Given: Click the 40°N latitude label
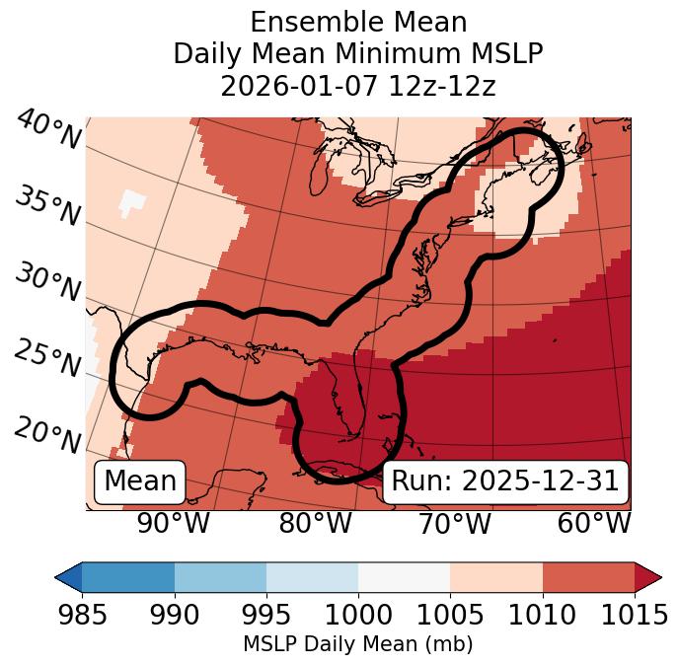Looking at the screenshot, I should [x=48, y=131].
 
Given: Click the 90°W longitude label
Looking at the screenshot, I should [x=174, y=523].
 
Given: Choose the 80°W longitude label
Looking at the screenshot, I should [x=315, y=523].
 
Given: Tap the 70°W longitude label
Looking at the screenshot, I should [x=455, y=523].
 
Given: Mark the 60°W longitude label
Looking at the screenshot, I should [x=594, y=523].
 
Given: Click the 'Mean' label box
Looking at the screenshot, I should [x=140, y=481].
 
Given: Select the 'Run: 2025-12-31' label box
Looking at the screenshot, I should [x=505, y=481].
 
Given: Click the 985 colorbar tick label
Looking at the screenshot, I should [x=82, y=616].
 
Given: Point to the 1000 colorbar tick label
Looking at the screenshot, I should [x=358, y=616].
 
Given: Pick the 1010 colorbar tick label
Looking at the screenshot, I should [x=542, y=616].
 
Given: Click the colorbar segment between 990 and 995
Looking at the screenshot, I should [x=220, y=576].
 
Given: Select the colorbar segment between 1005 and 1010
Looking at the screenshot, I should [x=496, y=576].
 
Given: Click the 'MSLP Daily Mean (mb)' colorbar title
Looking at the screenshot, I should [x=358, y=644].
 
